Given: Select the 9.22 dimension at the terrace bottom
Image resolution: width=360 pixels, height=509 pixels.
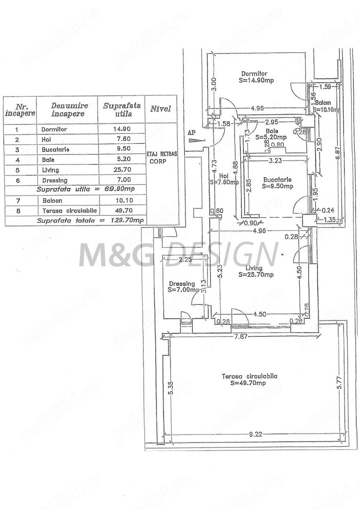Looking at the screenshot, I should point(254,435).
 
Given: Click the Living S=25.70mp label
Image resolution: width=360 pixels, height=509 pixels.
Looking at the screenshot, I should point(256,271).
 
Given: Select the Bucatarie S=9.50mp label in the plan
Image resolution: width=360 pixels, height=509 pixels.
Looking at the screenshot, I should point(278,183).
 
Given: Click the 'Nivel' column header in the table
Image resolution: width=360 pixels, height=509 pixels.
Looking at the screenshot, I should point(161,109).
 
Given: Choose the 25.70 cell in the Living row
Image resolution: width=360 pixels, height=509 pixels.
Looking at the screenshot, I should point(121,169).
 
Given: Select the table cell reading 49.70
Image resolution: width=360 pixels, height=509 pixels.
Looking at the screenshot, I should point(121,211).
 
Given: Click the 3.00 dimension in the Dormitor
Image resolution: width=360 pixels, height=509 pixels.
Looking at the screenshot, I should point(213,83).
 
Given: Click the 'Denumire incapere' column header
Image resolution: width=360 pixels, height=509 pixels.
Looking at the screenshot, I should point(67,109).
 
